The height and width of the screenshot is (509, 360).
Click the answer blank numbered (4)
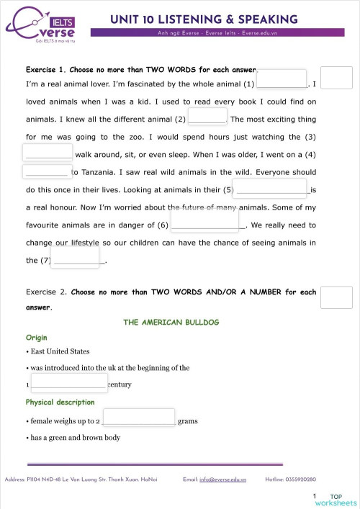48,171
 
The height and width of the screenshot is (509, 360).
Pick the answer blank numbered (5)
271,189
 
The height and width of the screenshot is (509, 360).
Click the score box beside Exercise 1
336,78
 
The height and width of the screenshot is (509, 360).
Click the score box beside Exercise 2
336,297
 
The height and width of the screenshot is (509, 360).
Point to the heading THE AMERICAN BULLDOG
171,323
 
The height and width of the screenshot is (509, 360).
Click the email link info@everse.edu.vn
222,479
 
